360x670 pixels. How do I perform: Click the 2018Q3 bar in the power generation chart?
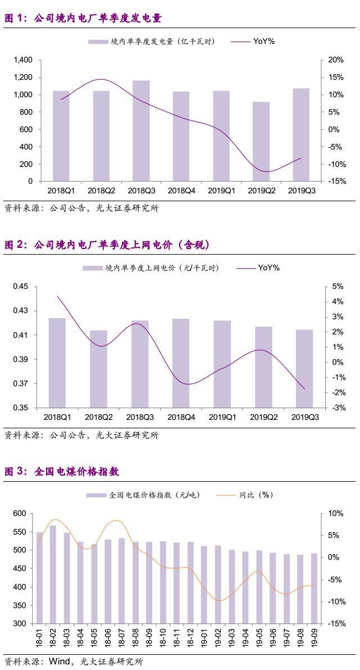[x=141, y=131]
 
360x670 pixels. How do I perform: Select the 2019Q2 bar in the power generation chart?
[x=261, y=142]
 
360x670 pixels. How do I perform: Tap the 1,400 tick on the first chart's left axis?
[x=25, y=60]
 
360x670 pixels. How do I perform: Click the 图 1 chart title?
[x=83, y=19]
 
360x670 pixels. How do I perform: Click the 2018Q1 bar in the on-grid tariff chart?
[x=57, y=363]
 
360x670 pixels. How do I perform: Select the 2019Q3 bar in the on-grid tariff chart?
[x=304, y=368]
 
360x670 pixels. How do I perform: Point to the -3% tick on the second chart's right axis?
[x=338, y=408]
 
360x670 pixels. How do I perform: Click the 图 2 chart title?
[x=107, y=245]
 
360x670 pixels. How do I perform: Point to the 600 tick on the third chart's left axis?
[x=19, y=513]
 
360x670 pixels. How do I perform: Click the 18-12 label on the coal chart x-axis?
[x=190, y=637]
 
